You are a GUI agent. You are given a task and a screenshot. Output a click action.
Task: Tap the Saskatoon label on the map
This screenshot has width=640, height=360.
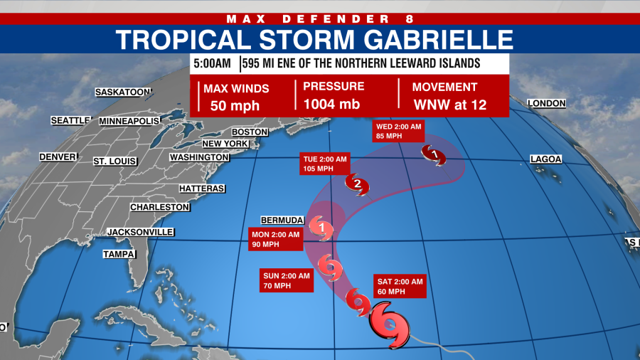pyautogui.click(x=124, y=92)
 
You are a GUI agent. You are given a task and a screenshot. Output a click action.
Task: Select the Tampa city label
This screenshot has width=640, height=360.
pyautogui.click(x=119, y=254)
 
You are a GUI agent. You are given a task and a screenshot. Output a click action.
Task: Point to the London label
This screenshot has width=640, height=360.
pyautogui.click(x=546, y=103)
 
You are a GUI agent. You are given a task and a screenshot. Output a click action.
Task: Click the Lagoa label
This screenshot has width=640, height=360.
pyautogui.click(x=545, y=159)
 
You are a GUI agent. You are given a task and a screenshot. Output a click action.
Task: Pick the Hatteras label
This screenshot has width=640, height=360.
pyautogui.click(x=202, y=189)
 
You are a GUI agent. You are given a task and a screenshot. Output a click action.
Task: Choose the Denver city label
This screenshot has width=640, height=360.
pyautogui.click(x=58, y=157)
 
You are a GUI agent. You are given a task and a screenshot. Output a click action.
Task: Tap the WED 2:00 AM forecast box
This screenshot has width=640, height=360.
pyautogui.click(x=398, y=131)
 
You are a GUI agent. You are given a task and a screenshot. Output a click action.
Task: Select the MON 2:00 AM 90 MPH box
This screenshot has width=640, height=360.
pyautogui.click(x=275, y=239)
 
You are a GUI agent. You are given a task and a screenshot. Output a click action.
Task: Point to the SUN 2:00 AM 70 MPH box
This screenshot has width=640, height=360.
pyautogui.click(x=286, y=280)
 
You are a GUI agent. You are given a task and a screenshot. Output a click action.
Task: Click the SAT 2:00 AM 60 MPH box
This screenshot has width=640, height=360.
pyautogui.click(x=399, y=286)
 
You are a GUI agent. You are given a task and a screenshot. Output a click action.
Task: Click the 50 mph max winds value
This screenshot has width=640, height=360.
pyautogui.click(x=235, y=106)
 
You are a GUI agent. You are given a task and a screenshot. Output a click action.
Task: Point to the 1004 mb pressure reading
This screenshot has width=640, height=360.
pyautogui.click(x=331, y=105)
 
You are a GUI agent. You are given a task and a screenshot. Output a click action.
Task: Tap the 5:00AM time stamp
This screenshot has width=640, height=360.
pyautogui.click(x=213, y=63)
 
